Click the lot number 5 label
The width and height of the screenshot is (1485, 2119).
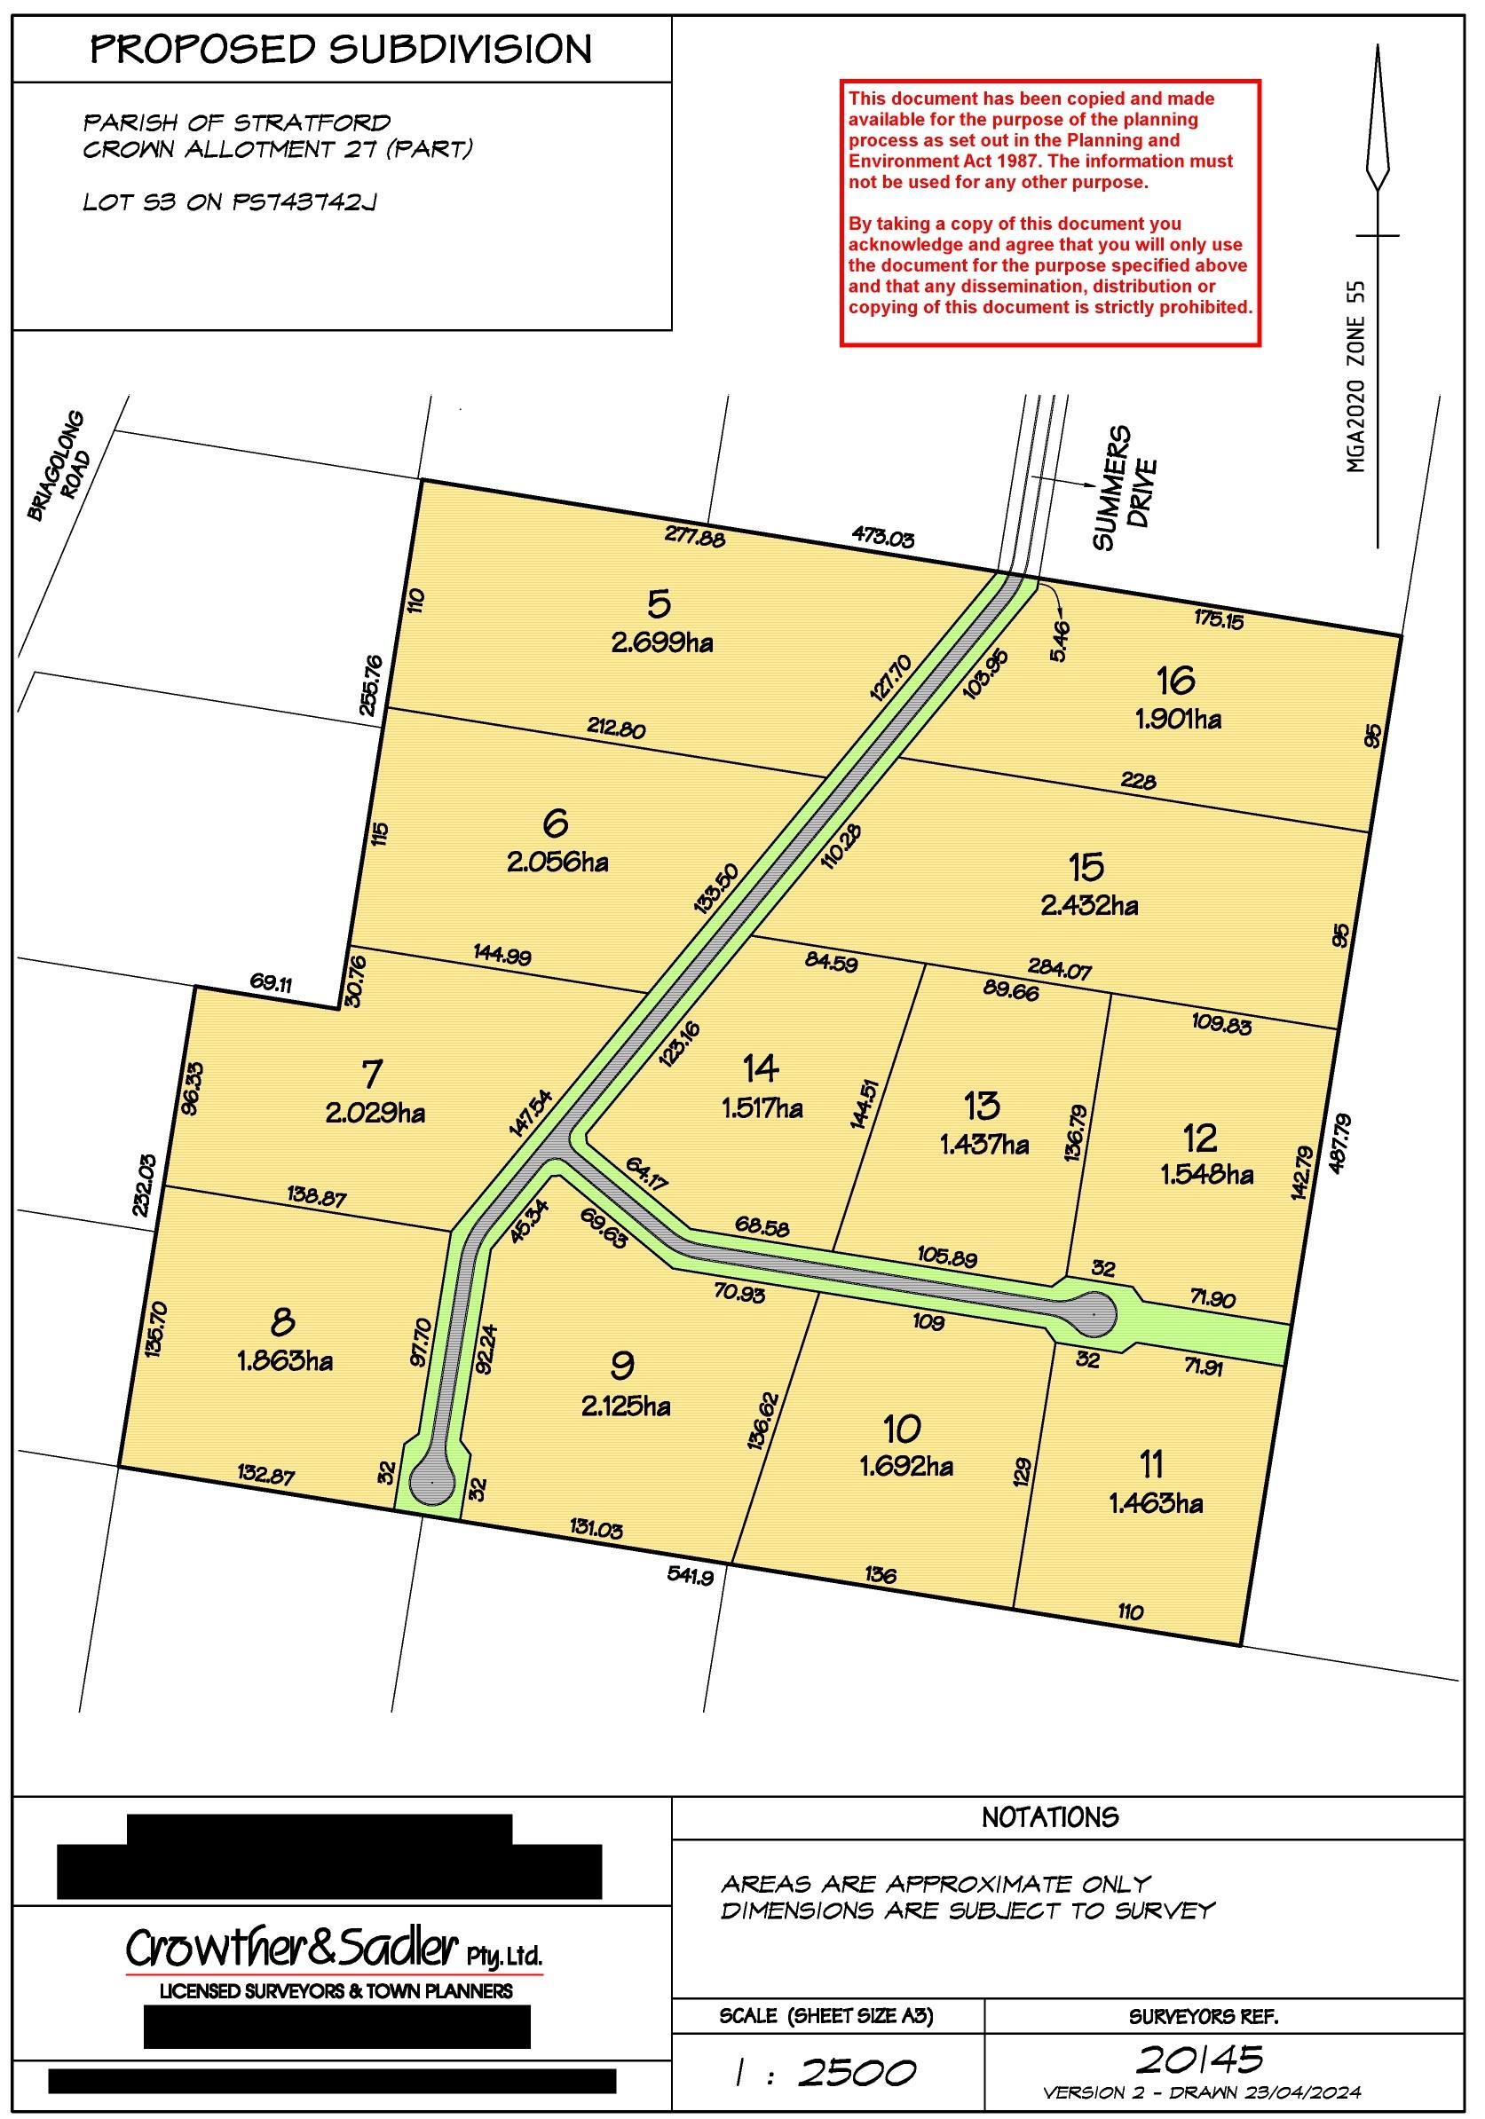point(659,605)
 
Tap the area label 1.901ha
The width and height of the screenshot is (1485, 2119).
point(1179,719)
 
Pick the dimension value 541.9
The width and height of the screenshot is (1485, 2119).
point(691,1577)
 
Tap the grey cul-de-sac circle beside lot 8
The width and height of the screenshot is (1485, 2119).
point(432,1483)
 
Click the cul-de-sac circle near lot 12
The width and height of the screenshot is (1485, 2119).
point(1092,1312)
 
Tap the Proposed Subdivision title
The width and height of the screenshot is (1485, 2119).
point(341,49)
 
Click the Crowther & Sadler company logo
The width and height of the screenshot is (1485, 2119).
point(334,1950)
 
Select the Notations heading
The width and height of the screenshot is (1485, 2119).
point(1049,1817)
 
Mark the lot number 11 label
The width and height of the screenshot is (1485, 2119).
point(1151,1465)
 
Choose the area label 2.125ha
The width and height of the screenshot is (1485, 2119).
point(626,1407)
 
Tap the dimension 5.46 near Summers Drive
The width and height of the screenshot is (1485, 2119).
point(1060,641)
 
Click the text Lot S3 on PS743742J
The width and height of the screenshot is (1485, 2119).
point(230,202)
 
